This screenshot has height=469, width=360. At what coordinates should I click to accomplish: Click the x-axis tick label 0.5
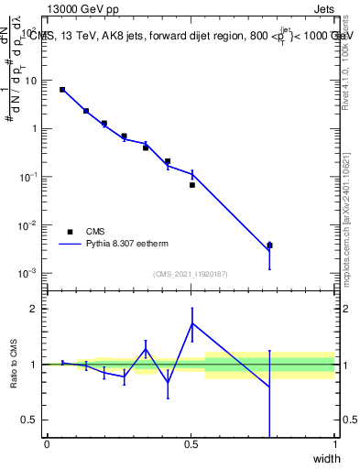[x=191, y=444]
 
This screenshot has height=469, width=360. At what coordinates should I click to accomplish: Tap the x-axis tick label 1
[x=334, y=444]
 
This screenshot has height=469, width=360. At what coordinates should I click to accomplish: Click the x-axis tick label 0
[x=47, y=444]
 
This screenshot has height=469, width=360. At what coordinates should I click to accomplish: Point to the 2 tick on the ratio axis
[x=37, y=309]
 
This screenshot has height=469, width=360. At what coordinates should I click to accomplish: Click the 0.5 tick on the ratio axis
[x=33, y=420]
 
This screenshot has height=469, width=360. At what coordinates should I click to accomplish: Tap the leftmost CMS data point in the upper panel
[x=62, y=90]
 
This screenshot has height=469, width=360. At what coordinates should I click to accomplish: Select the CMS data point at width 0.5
[x=192, y=185]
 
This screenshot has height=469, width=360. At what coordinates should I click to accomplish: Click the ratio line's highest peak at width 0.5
[x=192, y=323]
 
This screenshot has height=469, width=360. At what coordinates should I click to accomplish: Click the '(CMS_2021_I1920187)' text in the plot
[x=191, y=274]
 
